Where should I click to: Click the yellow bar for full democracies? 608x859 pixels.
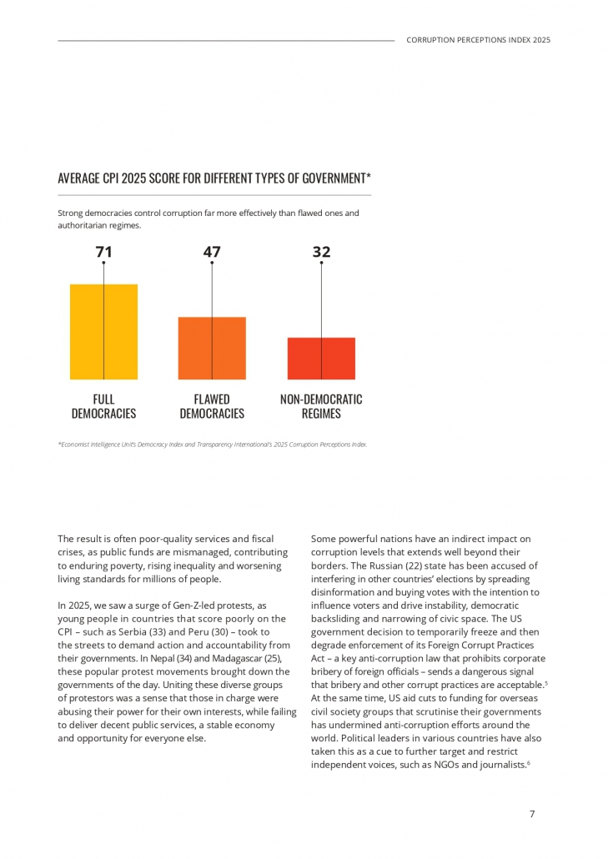pos(103,332)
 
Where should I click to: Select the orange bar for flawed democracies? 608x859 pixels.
pos(212,349)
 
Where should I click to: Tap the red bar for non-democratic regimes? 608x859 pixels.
pos(321,359)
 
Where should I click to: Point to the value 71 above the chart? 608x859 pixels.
pos(103,251)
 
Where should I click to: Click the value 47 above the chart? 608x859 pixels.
pos(212,251)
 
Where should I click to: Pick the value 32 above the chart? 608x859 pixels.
pos(321,251)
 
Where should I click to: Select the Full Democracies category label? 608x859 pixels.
pos(103,406)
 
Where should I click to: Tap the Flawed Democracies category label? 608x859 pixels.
pos(212,406)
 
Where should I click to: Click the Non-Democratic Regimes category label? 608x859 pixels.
pos(321,406)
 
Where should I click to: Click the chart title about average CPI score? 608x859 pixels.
pos(214,178)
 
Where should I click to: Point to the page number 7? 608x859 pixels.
pos(532,814)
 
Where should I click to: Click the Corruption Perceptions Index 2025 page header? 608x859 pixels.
pos(478,40)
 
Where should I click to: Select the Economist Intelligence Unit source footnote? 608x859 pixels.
pos(213,445)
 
